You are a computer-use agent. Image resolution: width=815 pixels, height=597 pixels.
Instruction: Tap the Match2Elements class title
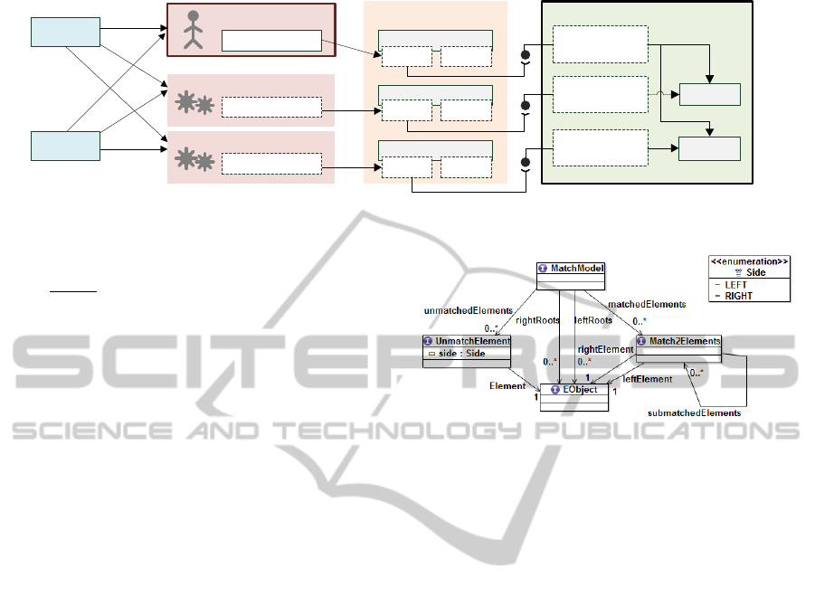click(x=685, y=341)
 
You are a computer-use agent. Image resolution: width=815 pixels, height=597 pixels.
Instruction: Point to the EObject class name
click(x=578, y=395)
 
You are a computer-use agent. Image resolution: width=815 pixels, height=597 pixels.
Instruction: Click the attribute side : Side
click(x=462, y=353)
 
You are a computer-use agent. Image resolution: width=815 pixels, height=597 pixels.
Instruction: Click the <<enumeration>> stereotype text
click(x=750, y=261)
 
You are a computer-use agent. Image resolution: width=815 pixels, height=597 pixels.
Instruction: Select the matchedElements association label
click(x=647, y=305)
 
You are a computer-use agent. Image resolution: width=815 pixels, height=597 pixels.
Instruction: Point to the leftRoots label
click(x=593, y=319)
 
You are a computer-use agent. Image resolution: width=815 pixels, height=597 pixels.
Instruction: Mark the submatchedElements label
click(x=695, y=412)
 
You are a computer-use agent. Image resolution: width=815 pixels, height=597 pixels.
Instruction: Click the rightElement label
click(x=605, y=349)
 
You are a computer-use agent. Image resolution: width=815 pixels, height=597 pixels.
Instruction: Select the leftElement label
click(x=648, y=379)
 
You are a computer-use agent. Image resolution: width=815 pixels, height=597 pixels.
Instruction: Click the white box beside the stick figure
click(x=271, y=41)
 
